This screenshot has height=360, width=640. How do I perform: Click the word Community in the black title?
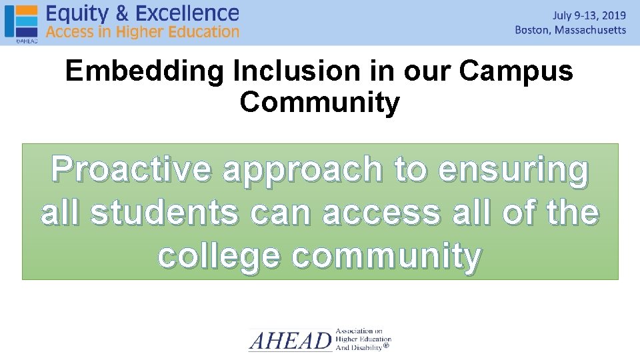319,103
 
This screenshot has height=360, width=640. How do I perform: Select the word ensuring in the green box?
513,171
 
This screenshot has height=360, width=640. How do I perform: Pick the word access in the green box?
381,213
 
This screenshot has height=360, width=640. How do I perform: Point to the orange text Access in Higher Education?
142,31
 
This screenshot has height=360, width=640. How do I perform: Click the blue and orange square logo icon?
21,21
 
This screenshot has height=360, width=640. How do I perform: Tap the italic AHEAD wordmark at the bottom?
290,341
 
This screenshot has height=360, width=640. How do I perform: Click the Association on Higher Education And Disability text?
363,339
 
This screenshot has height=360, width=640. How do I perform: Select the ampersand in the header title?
122,13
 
